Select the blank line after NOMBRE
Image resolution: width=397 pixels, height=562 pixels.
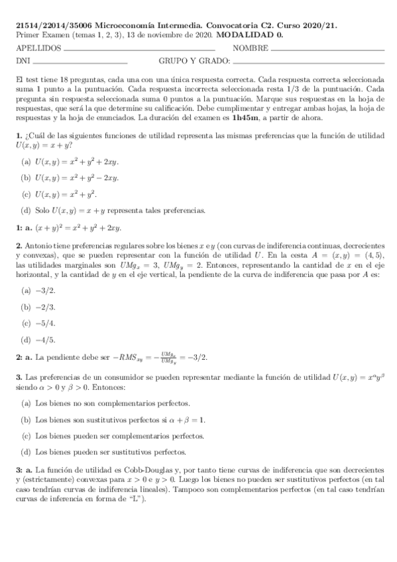(x=327, y=50)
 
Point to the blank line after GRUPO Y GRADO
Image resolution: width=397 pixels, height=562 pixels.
(x=309, y=63)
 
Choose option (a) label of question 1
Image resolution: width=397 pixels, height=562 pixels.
(x=26, y=161)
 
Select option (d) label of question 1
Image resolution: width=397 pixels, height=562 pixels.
(x=26, y=211)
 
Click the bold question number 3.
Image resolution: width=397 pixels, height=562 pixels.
(x=19, y=377)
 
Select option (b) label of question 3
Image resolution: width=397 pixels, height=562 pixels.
(x=26, y=420)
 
